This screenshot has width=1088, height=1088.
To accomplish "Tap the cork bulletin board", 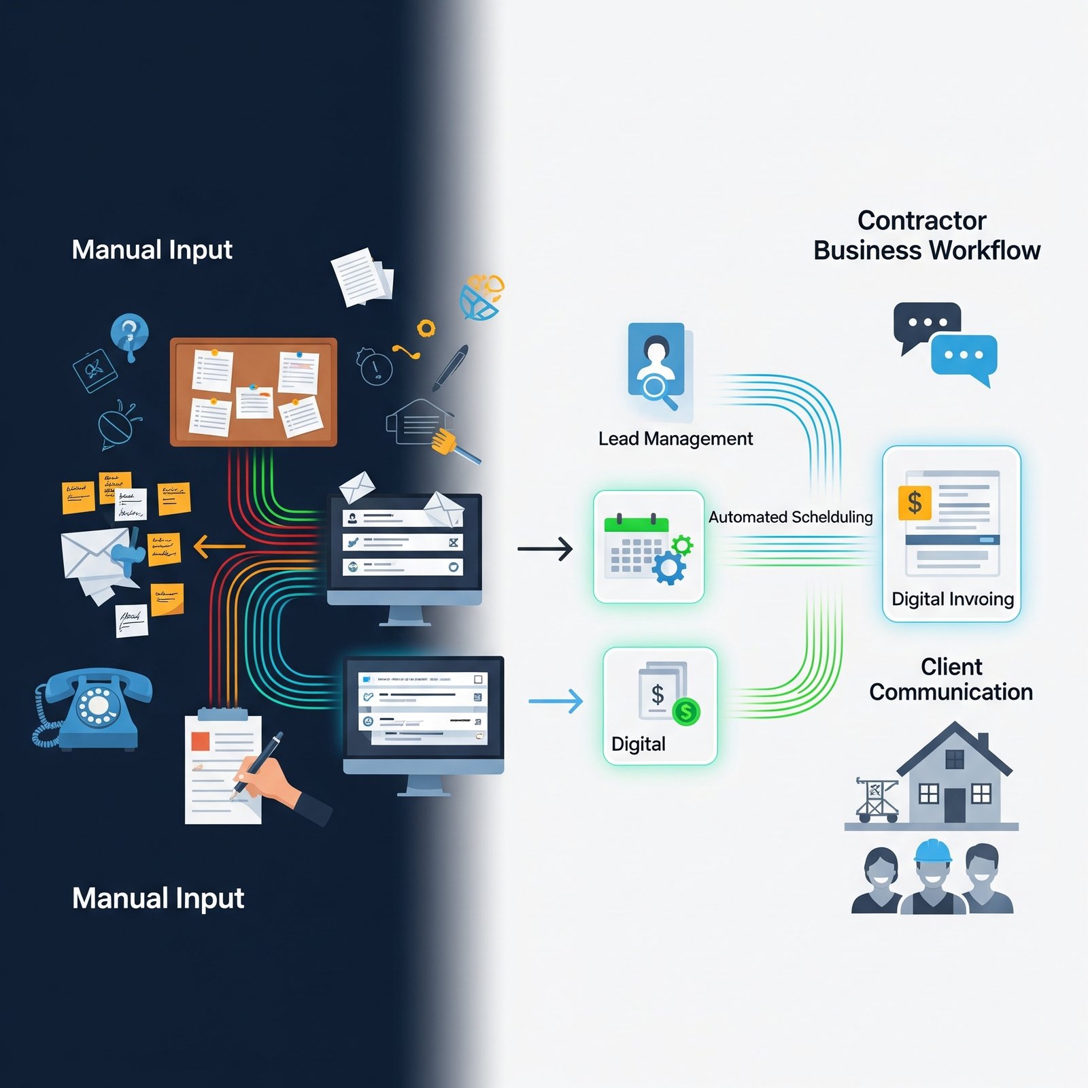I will [253, 392].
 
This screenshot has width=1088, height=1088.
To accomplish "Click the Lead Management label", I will [675, 439].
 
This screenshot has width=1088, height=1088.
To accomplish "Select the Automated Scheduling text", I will [790, 517].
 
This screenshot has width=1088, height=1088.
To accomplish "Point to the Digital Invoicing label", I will [952, 599].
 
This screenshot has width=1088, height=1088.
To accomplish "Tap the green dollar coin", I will [686, 712].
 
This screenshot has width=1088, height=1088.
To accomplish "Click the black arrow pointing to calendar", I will [545, 548].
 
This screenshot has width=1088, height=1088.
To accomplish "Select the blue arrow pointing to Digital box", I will [556, 701].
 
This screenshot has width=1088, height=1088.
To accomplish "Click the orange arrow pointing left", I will [219, 546].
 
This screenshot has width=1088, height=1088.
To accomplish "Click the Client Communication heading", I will [951, 679].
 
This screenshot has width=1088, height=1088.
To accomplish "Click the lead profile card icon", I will [656, 364].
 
